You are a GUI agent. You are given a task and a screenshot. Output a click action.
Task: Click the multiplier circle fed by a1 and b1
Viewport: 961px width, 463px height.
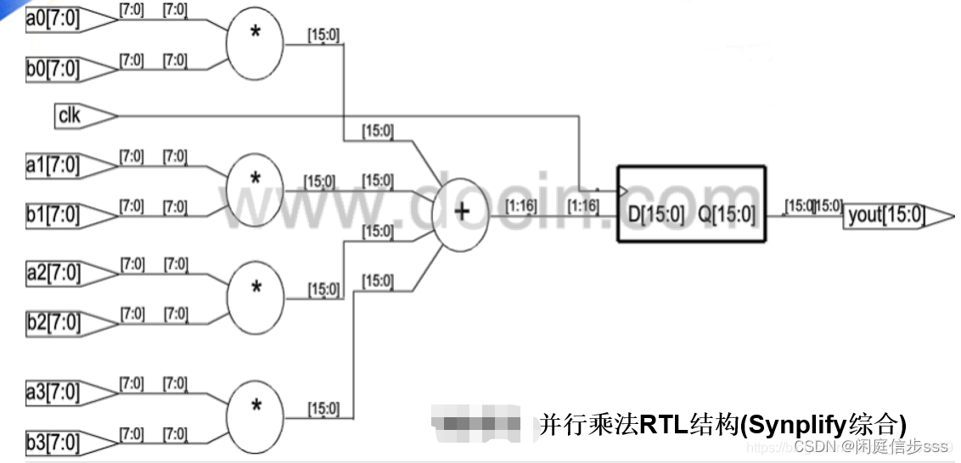(255, 180)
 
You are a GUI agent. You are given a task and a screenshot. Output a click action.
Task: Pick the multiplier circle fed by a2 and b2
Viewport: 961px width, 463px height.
(256, 287)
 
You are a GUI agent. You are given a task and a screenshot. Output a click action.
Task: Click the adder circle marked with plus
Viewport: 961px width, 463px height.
(460, 212)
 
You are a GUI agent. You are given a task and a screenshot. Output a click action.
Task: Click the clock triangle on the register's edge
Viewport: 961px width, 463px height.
(622, 190)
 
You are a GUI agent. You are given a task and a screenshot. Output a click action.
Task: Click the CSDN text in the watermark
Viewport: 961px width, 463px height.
(816, 447)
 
